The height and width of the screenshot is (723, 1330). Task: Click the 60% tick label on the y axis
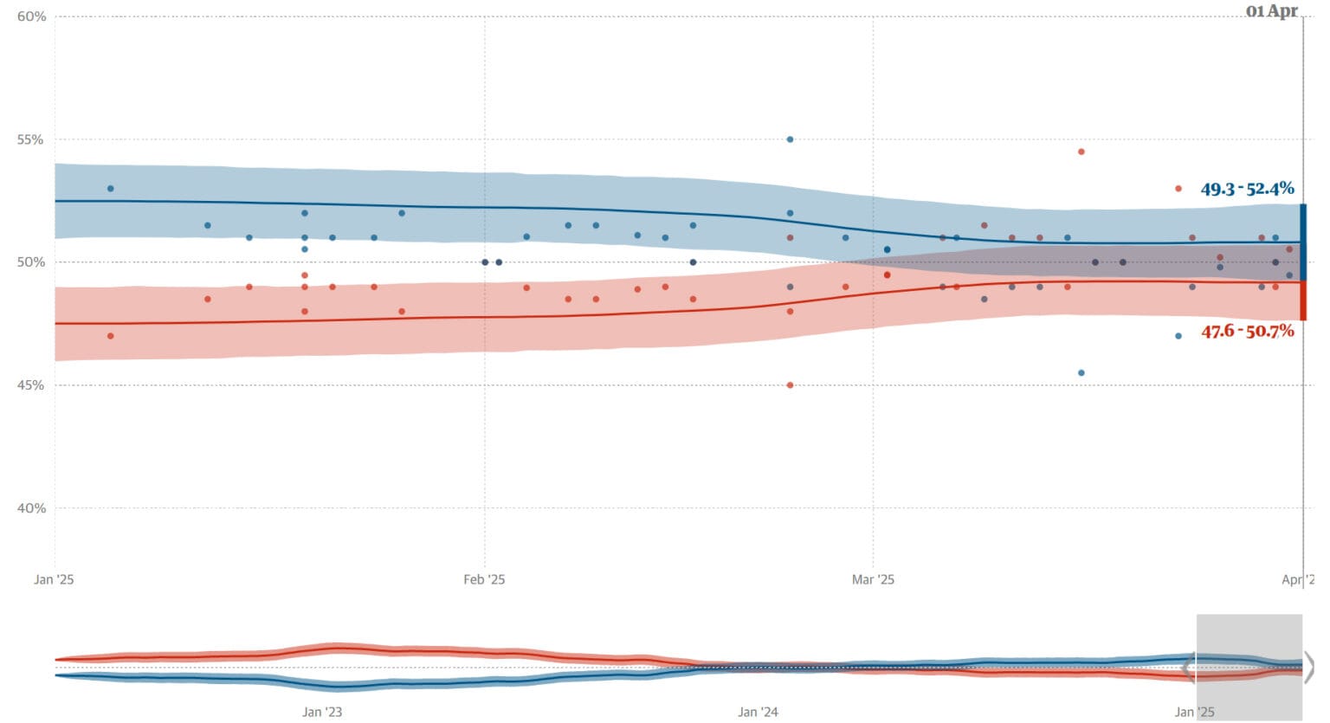click(31, 16)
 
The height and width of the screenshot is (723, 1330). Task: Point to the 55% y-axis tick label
click(31, 139)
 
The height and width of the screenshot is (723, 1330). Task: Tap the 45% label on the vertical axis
click(31, 385)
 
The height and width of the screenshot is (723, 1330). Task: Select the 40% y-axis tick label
click(31, 508)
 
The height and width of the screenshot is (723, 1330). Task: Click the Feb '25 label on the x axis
click(484, 579)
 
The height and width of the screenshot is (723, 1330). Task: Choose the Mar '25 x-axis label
click(873, 579)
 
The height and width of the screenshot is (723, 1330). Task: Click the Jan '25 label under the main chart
click(54, 579)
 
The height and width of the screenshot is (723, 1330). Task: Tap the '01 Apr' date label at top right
click(1271, 11)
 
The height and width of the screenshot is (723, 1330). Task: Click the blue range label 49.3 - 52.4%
click(1247, 189)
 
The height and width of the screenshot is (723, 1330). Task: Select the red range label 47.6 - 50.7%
click(1247, 331)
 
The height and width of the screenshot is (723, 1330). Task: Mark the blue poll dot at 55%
click(790, 139)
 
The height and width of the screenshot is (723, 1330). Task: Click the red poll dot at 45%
click(790, 385)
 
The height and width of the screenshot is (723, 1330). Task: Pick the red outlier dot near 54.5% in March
click(1081, 152)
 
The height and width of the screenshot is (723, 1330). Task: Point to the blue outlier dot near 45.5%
click(1081, 373)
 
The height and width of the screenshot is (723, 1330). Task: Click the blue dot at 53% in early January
click(110, 189)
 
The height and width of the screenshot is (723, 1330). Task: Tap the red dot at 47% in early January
click(110, 336)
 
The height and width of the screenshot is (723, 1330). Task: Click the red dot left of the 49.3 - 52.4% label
click(1178, 189)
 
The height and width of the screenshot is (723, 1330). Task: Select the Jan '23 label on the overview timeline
click(322, 712)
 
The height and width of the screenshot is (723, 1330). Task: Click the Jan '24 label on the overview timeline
click(758, 712)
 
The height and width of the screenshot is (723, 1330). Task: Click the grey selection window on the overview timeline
click(1249, 667)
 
